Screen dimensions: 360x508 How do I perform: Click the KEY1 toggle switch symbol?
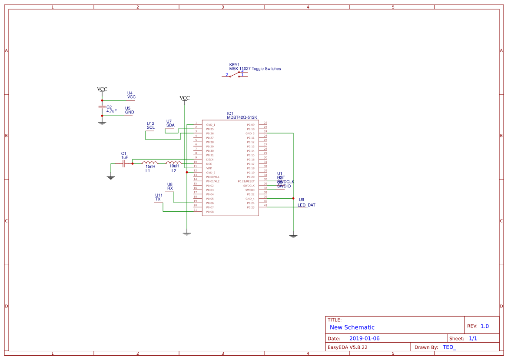(x=236, y=75)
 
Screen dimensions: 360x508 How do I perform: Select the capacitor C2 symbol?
(x=102, y=107)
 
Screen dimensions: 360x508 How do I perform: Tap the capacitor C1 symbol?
(x=124, y=164)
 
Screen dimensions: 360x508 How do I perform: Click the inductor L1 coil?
(x=150, y=163)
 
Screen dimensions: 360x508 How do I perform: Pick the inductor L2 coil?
(x=174, y=163)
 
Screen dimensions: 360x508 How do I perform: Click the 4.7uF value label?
(x=111, y=111)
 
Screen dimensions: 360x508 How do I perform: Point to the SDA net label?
(x=170, y=125)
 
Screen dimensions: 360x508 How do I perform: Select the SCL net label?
(x=150, y=128)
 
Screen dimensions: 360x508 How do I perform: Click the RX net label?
(x=170, y=189)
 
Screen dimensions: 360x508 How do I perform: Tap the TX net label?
(x=158, y=199)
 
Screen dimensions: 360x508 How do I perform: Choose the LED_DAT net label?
(x=306, y=205)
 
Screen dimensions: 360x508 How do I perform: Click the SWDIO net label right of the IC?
(x=284, y=186)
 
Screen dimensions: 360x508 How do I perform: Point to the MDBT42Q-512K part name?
(x=242, y=117)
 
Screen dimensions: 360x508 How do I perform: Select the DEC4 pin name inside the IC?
(x=209, y=160)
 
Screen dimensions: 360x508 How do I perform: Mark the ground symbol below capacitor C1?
(x=110, y=177)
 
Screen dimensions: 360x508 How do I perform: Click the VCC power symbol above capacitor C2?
(x=102, y=90)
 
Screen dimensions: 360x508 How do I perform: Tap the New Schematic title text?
(x=352, y=327)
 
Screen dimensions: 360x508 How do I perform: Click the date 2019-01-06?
(x=364, y=338)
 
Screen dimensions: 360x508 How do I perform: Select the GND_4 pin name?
(x=250, y=199)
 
